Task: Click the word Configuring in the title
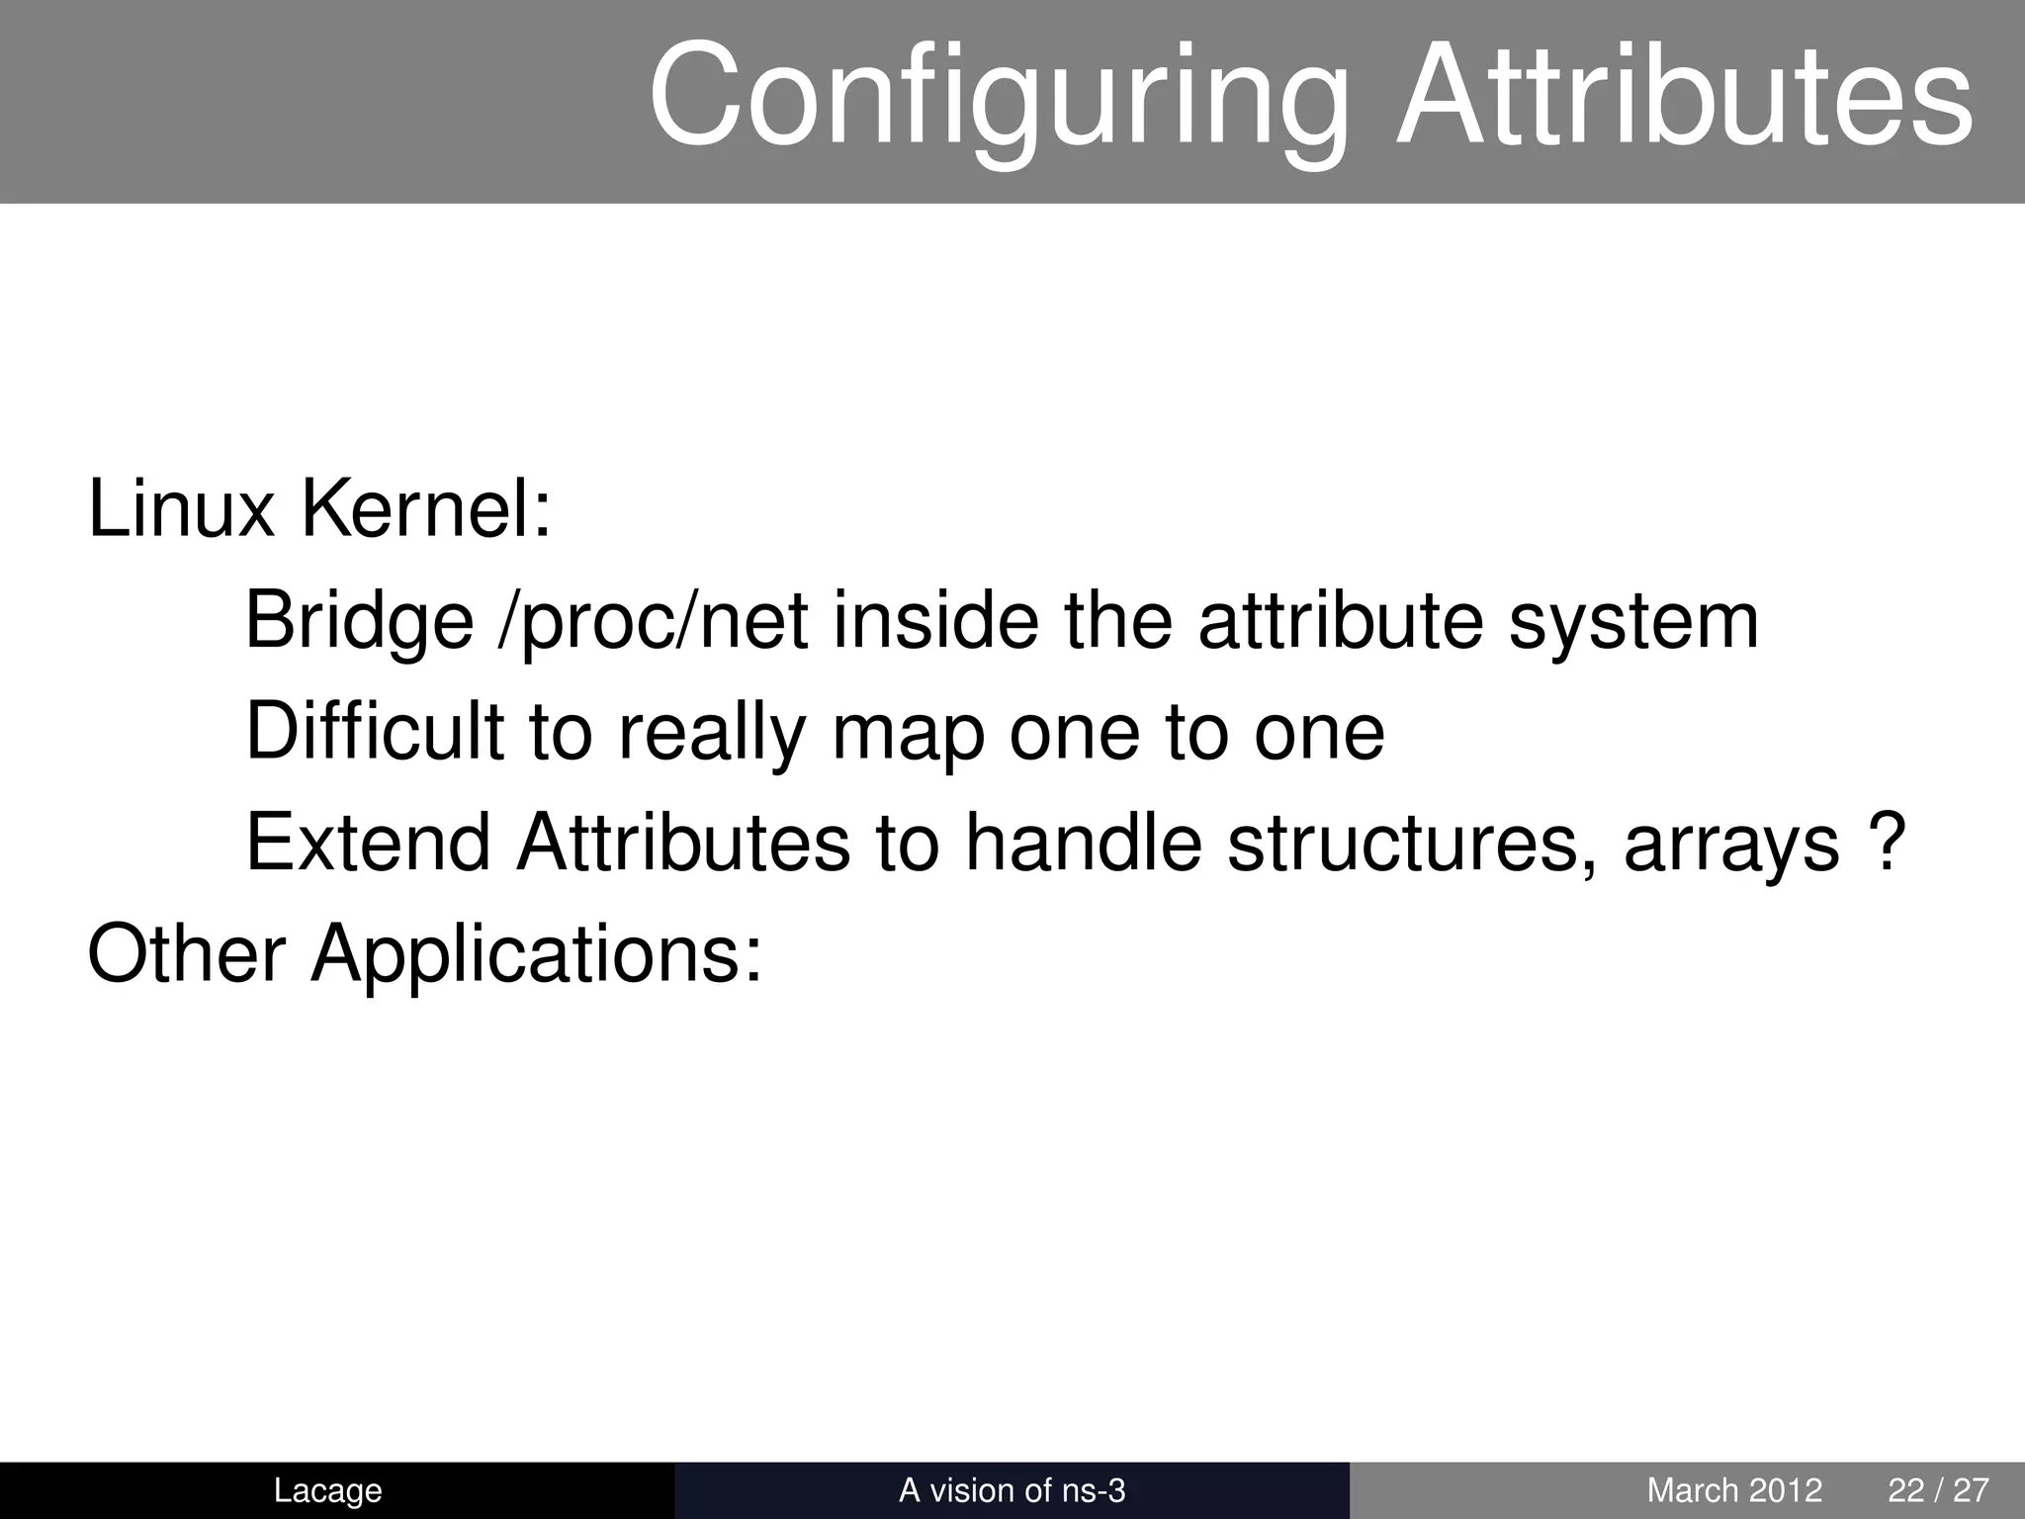tap(999, 99)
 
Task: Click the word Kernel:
tap(425, 509)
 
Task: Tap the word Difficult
tap(375, 732)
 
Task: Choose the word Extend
tap(368, 843)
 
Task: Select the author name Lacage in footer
tap(327, 1490)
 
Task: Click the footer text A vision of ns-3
tap(1012, 1490)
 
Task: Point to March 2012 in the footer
tap(1734, 1490)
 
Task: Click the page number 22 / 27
tap(1938, 1490)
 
